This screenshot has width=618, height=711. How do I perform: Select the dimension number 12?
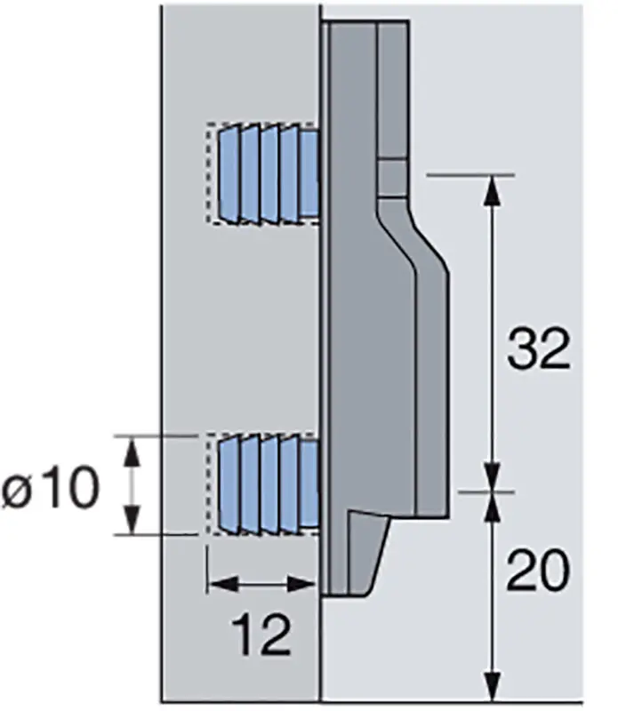(262, 635)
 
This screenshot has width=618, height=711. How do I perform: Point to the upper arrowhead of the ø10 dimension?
(132, 450)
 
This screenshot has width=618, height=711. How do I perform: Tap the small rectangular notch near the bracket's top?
(391, 178)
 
